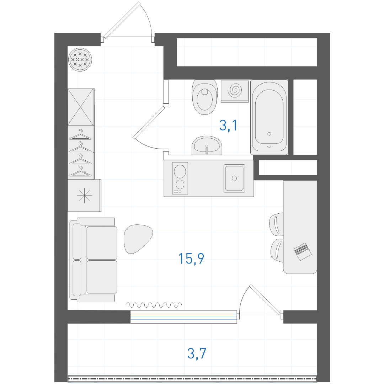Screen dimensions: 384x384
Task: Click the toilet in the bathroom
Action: (x=205, y=97)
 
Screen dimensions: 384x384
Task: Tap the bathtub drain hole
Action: (x=270, y=134)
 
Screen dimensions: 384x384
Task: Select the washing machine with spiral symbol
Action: (x=235, y=91)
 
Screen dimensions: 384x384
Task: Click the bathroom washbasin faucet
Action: (x=207, y=150)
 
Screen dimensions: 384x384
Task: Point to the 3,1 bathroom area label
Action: (x=228, y=125)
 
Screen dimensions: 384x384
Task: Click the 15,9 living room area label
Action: (x=191, y=258)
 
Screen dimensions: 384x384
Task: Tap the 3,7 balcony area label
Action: (x=197, y=353)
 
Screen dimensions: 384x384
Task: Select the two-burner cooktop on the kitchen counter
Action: (x=180, y=178)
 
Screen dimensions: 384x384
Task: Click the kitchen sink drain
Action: (x=234, y=178)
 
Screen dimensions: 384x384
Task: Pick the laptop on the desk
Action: (x=303, y=251)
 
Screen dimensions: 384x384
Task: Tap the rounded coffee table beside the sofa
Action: (x=138, y=239)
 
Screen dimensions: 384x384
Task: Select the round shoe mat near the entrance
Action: (x=80, y=59)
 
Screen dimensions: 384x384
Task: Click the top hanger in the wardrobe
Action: (x=80, y=134)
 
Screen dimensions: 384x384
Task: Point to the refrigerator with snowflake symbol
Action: (x=84, y=196)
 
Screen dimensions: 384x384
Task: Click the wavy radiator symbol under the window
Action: (x=154, y=305)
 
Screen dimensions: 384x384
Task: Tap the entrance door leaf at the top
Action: (x=122, y=20)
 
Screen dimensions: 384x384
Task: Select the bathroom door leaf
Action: (x=149, y=122)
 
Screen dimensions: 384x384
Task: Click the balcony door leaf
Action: (x=266, y=300)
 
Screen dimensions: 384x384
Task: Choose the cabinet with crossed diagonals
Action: (x=81, y=107)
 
